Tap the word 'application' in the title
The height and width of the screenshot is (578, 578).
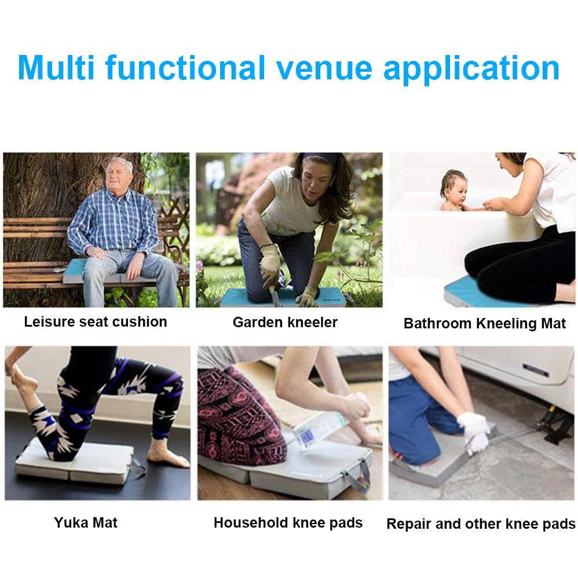coord(471,69)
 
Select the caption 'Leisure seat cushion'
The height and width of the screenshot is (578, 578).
coord(96,322)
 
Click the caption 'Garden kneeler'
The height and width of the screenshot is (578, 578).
coord(285,323)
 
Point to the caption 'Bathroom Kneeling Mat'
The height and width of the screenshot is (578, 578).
coord(484,324)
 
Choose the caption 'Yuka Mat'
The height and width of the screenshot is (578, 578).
coord(86,522)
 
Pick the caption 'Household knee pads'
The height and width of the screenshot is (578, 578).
coord(288,522)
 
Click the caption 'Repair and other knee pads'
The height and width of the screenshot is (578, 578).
coord(481,524)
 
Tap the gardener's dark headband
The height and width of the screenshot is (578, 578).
coord(319,158)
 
